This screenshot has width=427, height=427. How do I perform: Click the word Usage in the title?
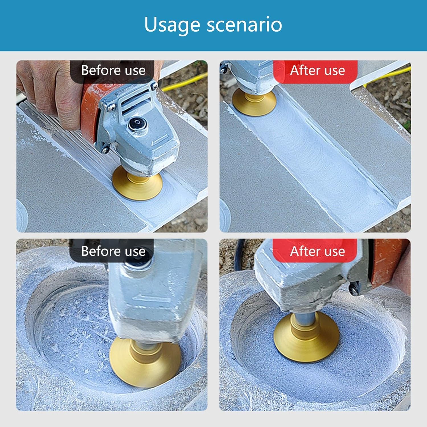[x=173, y=25]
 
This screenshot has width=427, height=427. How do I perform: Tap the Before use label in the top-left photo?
[x=113, y=70]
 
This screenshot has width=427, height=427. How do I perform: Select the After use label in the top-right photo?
[x=317, y=70]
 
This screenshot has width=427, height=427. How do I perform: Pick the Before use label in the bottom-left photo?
[x=113, y=251]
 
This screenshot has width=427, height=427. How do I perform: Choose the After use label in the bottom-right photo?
[x=317, y=251]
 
